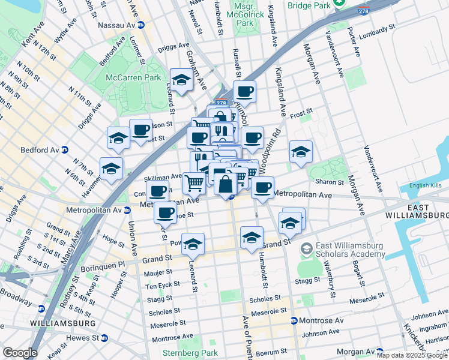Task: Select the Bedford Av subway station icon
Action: (x=65, y=149)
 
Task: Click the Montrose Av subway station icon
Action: (x=294, y=320)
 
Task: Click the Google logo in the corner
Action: (x=20, y=352)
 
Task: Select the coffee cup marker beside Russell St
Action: (x=244, y=92)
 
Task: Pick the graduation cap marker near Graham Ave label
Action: (x=181, y=80)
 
